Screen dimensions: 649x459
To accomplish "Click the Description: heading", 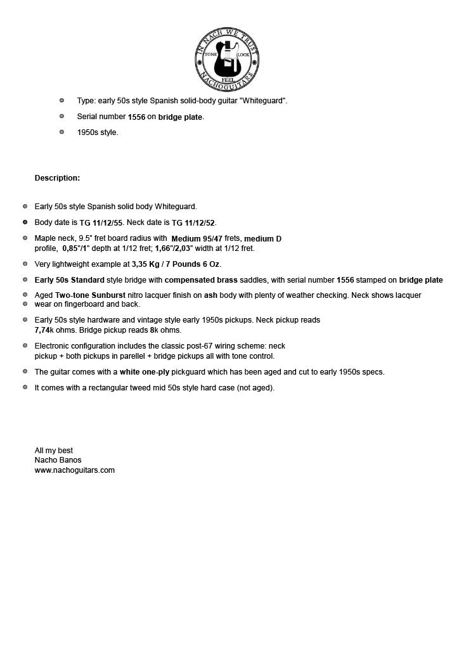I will click(57, 178).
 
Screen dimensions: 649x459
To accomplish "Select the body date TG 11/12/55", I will click(101, 223).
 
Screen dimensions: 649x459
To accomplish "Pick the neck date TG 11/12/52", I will click(193, 223).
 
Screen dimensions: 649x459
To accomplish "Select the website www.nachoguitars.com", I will click(74, 470).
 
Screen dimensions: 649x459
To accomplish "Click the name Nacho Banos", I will click(58, 460).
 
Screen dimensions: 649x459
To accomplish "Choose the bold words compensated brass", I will click(201, 280).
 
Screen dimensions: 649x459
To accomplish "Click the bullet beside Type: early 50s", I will click(61, 101).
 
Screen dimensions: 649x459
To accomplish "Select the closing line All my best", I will click(53, 451).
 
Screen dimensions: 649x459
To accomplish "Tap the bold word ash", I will click(210, 295).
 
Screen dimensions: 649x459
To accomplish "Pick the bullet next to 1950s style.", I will click(61, 132).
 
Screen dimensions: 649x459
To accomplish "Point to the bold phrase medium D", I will click(262, 239).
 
